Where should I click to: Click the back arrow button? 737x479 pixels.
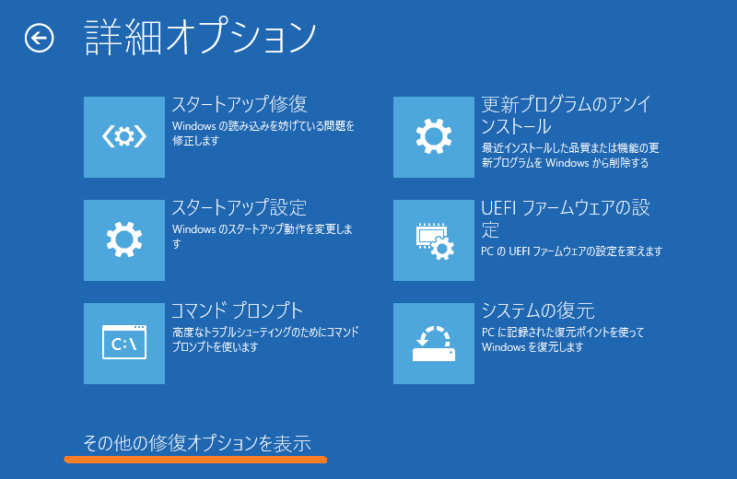pos(39,38)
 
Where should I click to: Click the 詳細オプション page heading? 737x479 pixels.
pos(200,37)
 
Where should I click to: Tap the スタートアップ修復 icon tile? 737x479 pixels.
pos(124,136)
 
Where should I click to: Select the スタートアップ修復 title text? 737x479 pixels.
pos(240,104)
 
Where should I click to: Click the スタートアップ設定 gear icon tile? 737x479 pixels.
pos(124,240)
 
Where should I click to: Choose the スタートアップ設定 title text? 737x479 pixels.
pos(239,207)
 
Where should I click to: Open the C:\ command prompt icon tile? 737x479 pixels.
pos(124,344)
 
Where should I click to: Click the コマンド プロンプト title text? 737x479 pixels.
pos(237,310)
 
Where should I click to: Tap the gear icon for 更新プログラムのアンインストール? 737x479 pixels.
pos(433,136)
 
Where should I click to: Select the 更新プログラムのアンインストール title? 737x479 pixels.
pos(566,115)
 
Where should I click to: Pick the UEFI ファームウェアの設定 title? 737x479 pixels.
pos(566,218)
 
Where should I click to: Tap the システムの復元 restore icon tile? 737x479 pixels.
pos(433,344)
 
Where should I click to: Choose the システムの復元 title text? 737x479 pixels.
pos(538,310)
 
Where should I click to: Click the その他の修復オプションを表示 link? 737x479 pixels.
pos(197,443)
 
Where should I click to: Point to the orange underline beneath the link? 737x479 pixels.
pos(195,460)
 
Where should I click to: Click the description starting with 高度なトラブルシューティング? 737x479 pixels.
pos(265,339)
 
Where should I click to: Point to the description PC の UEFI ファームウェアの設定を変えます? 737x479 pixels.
pos(571,251)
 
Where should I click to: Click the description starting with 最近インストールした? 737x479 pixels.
pos(570,155)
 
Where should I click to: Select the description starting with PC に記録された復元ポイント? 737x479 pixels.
pos(563,339)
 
